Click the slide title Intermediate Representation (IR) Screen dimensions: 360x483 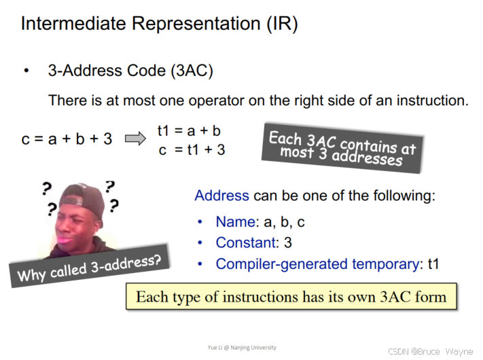click(x=159, y=25)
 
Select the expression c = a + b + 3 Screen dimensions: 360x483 click(x=67, y=139)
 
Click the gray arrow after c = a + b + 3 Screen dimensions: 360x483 click(x=136, y=139)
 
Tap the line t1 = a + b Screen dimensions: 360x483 click(x=189, y=130)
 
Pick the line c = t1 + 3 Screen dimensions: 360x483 click(x=192, y=149)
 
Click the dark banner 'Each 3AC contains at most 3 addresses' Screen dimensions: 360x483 click(x=342, y=148)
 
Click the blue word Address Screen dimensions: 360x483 click(x=221, y=196)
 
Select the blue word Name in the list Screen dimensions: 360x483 click(x=234, y=222)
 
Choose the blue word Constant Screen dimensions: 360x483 click(x=243, y=242)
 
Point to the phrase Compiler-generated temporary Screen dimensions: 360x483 click(x=318, y=264)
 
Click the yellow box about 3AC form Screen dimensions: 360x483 click(x=291, y=297)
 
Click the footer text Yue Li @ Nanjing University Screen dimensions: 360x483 click(x=242, y=348)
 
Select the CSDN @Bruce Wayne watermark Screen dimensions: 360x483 click(x=429, y=351)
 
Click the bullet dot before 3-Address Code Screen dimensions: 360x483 click(x=26, y=71)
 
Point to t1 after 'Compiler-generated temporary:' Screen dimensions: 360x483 click(x=433, y=264)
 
